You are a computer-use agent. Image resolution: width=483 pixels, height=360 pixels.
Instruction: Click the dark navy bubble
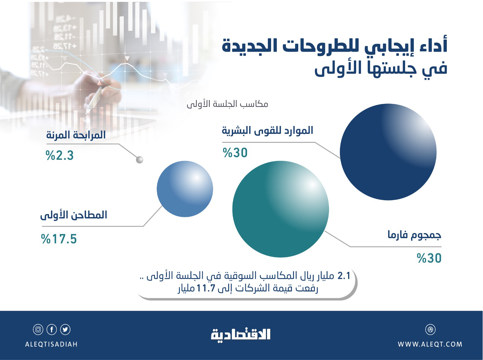coord(388,152)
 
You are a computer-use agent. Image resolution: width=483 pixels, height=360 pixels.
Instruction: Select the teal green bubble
coord(280,209)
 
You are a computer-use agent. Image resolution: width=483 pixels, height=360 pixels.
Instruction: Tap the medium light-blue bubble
coord(185,189)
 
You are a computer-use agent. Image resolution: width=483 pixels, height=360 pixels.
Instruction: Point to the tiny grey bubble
coord(139,160)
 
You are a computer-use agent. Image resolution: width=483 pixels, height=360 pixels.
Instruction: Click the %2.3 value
coord(60,156)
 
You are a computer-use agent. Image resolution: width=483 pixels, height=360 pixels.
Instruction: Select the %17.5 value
coord(59,239)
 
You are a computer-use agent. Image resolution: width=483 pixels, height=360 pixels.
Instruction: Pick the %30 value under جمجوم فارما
coord(429,258)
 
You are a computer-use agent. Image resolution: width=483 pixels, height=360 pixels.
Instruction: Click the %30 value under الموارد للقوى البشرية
coord(235,153)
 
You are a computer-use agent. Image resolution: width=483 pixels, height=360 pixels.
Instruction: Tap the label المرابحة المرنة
coord(76,135)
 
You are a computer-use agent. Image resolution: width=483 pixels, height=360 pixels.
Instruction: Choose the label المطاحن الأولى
coord(74,215)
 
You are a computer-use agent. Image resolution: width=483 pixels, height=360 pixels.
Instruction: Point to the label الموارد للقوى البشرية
coord(267,130)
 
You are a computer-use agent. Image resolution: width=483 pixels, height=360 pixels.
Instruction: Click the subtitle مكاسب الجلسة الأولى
coord(227,104)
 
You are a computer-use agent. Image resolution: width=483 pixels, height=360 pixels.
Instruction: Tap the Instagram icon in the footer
coord(38,329)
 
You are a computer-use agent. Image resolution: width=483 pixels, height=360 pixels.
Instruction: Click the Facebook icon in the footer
coord(52,329)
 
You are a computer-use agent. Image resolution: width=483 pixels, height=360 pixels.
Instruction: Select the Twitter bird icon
coord(65,329)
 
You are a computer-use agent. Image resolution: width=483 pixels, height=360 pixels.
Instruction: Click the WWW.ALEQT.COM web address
coord(430,344)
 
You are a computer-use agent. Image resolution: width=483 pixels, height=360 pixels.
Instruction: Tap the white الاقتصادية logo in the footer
coord(241,334)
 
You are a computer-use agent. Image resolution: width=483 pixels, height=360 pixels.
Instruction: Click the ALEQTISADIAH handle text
coord(51,344)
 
